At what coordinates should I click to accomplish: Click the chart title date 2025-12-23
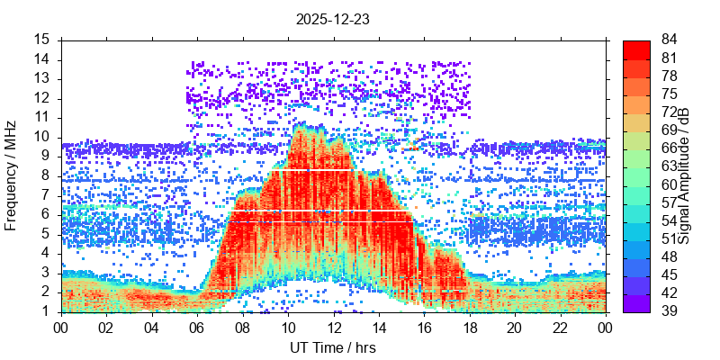[333, 18]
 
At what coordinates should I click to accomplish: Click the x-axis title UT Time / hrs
[333, 347]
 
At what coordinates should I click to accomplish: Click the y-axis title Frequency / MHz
[12, 175]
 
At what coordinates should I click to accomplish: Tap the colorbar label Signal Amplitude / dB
[684, 175]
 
